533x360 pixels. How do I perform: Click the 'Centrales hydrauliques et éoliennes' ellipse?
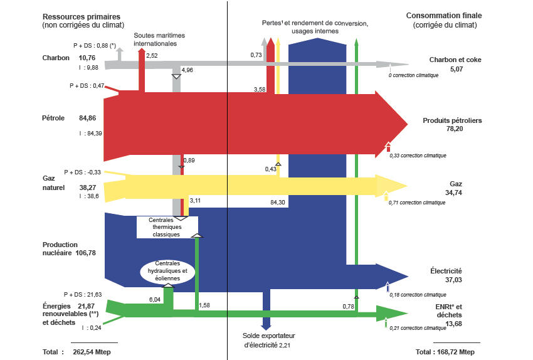167,270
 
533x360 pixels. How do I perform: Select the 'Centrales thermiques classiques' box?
167,227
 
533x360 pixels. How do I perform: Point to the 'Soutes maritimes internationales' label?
155,40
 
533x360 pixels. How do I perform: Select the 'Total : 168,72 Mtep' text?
445,352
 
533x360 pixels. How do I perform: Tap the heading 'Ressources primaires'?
82,16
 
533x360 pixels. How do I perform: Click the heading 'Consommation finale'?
445,16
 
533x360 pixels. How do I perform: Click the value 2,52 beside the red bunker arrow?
152,56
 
